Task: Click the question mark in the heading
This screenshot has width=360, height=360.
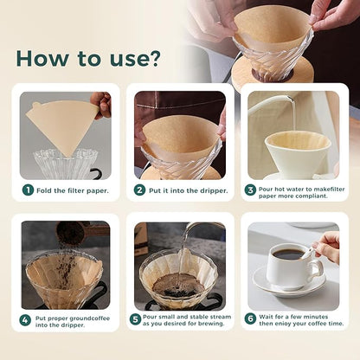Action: tap(152, 58)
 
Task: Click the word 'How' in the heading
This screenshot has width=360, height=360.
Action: tap(41, 58)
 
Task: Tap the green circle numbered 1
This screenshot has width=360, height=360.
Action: tap(29, 190)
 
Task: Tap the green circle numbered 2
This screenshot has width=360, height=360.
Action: tap(139, 190)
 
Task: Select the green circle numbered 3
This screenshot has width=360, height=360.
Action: tap(250, 190)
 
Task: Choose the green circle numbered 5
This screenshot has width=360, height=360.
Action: tap(136, 319)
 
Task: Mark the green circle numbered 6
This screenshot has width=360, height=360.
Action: tap(250, 319)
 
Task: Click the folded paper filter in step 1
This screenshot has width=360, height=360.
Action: tap(61, 125)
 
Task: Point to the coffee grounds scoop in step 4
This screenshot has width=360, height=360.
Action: tap(69, 233)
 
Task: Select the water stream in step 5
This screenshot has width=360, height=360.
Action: tap(182, 260)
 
